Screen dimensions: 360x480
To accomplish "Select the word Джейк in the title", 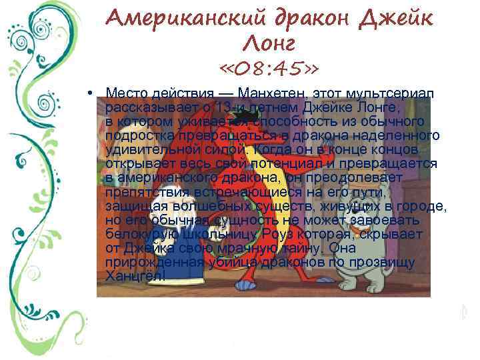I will (396, 19).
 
